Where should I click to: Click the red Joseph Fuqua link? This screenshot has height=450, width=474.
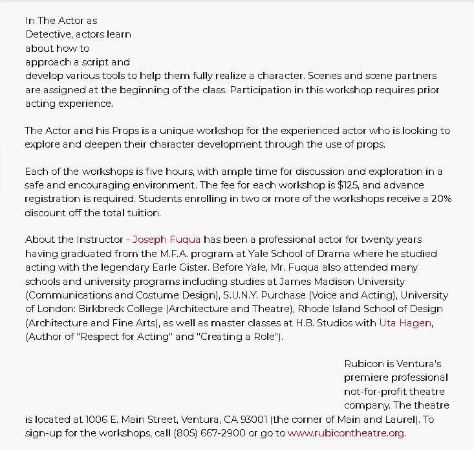[166, 240]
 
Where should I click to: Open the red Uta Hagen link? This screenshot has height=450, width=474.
[405, 322]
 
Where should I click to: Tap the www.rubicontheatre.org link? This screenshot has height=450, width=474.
[346, 433]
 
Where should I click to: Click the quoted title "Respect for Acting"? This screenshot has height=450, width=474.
[119, 337]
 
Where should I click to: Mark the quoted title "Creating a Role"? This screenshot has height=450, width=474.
[238, 337]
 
